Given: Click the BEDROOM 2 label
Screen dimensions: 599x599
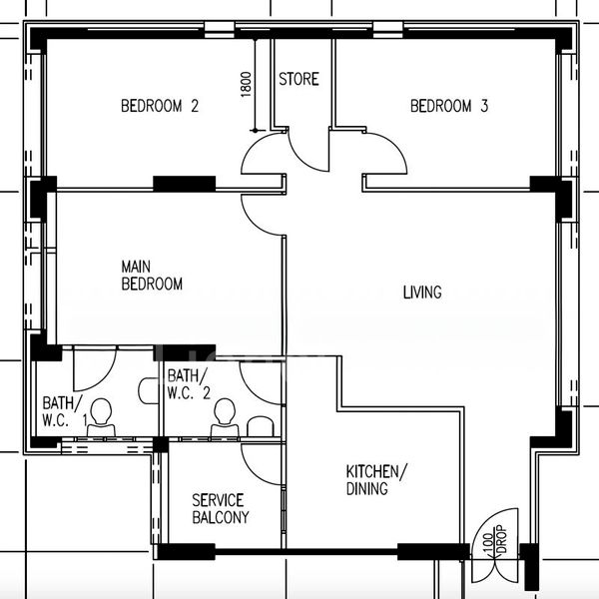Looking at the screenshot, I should pos(160,106).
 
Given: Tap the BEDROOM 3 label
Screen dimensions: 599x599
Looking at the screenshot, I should pos(448,106).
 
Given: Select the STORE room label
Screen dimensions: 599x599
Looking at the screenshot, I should pos(299,79).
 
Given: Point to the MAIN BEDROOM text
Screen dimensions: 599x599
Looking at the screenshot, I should pos(152,276).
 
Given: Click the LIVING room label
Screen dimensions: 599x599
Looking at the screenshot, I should pos(421,293).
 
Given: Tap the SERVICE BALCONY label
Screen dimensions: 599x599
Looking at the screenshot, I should pos(220,508).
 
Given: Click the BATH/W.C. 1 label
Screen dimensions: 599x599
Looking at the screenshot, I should pos(64,411).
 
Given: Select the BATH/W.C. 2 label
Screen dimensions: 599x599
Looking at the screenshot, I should pos(188,383).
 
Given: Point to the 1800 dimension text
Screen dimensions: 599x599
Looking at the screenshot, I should pos(247,84).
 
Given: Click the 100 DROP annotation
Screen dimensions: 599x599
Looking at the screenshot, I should pos(493,545).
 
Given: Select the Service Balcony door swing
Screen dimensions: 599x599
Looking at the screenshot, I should pos(262,461).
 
